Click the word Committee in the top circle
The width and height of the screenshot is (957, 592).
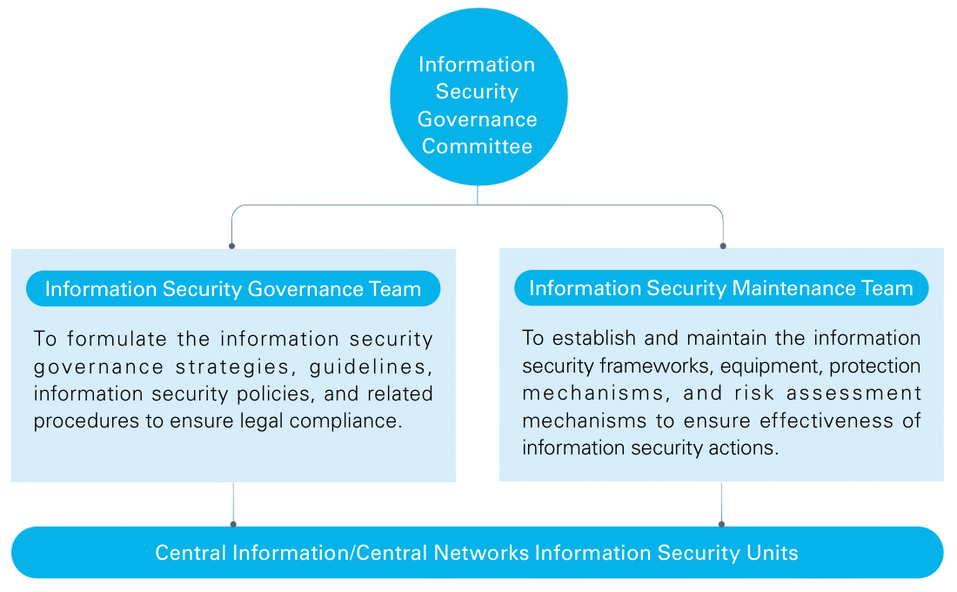pos(477,146)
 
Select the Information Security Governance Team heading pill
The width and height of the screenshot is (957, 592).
pos(233,289)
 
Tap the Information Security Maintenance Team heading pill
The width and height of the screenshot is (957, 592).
pos(721,288)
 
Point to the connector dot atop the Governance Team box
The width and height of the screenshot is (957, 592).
pos(232,246)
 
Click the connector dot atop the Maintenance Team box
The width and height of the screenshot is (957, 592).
pos(722,246)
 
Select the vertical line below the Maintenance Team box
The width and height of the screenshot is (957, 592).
pos(721,503)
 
